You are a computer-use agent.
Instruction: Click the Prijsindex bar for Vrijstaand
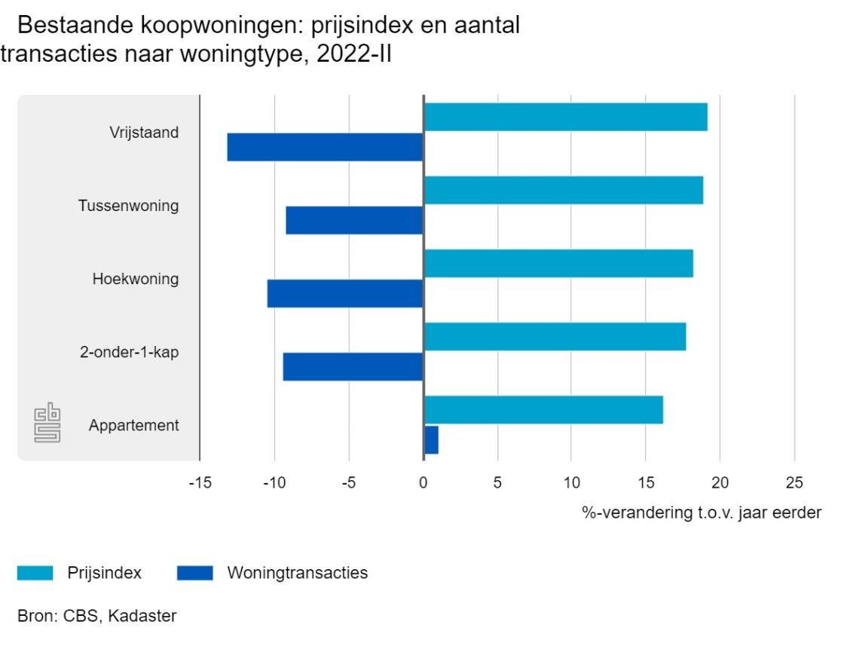(x=565, y=117)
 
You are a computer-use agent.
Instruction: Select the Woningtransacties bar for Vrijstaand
(x=325, y=147)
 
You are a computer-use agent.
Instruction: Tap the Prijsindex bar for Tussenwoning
(x=563, y=190)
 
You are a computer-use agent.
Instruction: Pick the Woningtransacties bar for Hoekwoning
(x=345, y=293)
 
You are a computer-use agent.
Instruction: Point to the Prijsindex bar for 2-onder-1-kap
(x=555, y=336)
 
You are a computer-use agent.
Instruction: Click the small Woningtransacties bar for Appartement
(x=431, y=439)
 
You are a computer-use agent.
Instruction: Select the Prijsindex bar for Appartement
(x=543, y=409)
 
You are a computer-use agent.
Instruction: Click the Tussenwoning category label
(x=128, y=205)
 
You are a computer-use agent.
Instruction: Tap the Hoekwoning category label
(x=136, y=279)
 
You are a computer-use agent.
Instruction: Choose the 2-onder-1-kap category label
(x=130, y=352)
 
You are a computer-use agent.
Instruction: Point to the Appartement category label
(x=133, y=425)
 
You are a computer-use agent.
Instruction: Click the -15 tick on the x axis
(x=200, y=483)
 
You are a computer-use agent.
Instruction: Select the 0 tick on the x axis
(x=423, y=483)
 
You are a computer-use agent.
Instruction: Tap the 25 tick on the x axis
(x=794, y=483)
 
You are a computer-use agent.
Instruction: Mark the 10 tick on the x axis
(x=571, y=483)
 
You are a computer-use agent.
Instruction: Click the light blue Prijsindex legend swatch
(x=35, y=573)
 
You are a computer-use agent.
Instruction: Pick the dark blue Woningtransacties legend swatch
(x=195, y=573)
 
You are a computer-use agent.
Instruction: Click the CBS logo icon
(x=47, y=424)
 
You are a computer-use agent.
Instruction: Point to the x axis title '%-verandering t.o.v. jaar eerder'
(x=702, y=513)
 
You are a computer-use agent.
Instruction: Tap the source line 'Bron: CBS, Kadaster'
(x=97, y=616)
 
